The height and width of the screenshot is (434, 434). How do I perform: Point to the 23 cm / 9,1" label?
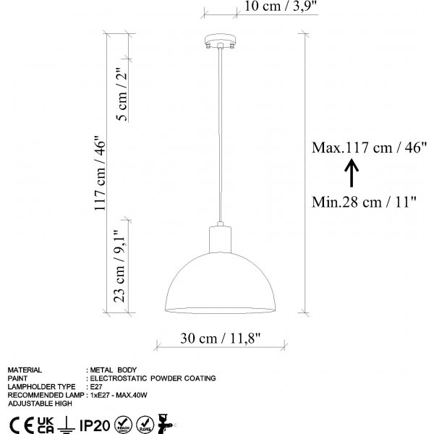pyautogui.click(x=120, y=266)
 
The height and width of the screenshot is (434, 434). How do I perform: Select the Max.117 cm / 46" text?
pyautogui.click(x=369, y=148)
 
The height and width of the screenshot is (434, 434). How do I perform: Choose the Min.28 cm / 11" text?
pyautogui.click(x=364, y=202)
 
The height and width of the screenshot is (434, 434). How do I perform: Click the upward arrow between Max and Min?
pyautogui.click(x=350, y=174)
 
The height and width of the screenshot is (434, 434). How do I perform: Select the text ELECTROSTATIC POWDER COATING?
pyautogui.click(x=153, y=378)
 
